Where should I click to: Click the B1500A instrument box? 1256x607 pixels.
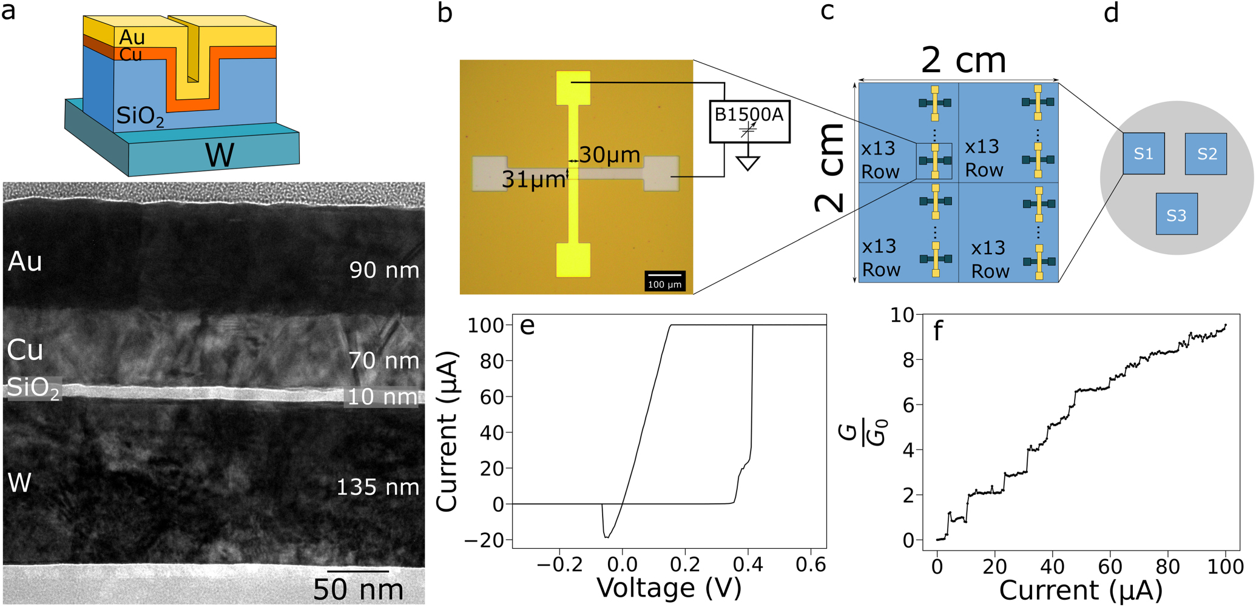pos(749,122)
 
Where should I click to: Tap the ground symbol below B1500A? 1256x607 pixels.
pos(748,163)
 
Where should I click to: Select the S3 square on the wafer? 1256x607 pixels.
pos(1177,214)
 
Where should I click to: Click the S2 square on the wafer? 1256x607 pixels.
pos(1206,154)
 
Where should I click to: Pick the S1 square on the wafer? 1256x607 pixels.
pos(1144,153)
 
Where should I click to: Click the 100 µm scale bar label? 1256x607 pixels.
pos(665,284)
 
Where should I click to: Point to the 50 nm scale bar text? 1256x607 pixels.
pos(358,589)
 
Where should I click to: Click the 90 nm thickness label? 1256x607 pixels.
pos(384,270)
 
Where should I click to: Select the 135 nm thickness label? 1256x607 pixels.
pos(377,487)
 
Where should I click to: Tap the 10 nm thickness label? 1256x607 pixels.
pos(382,397)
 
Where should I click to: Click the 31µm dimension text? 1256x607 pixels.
pos(533,179)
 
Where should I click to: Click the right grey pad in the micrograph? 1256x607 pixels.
pos(661,173)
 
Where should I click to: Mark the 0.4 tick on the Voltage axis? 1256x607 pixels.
pos(748,565)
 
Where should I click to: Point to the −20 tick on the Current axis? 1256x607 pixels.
pos(484,540)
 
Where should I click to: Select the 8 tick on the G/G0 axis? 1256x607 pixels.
pos(908,360)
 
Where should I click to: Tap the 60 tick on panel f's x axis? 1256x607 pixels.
pos(1110,566)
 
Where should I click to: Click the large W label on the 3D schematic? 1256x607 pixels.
pos(220,155)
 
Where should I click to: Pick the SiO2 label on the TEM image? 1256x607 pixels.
pos(33,388)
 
